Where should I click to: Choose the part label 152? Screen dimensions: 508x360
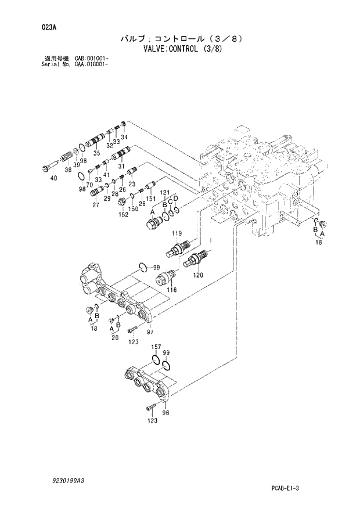(x=124, y=214)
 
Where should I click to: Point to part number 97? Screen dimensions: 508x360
(x=149, y=332)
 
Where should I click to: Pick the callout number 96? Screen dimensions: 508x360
(x=165, y=413)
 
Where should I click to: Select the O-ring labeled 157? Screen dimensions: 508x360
(x=156, y=362)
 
